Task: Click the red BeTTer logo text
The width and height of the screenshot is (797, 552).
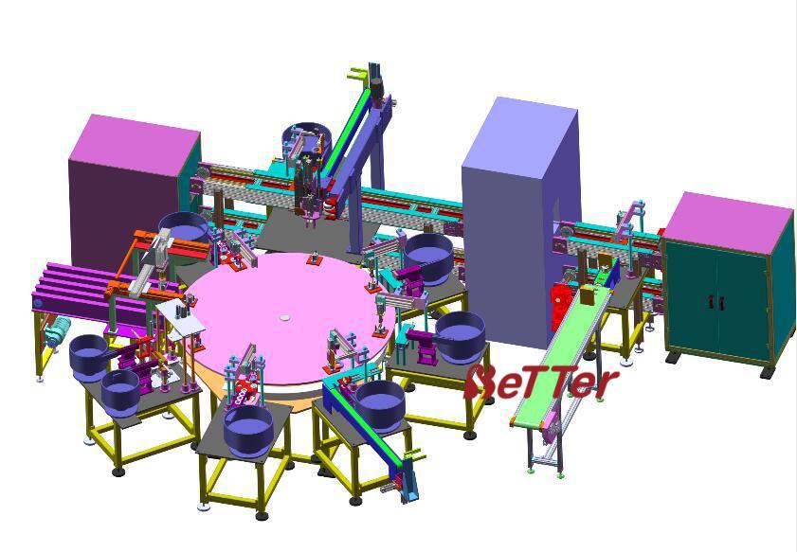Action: [541, 382]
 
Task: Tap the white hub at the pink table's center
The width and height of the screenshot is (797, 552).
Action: [284, 318]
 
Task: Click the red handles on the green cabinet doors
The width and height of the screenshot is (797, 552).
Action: [715, 302]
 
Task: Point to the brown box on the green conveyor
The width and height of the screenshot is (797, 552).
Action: [589, 295]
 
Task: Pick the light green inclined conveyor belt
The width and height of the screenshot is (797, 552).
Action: [563, 354]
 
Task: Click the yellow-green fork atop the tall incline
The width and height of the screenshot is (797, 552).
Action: [357, 74]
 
